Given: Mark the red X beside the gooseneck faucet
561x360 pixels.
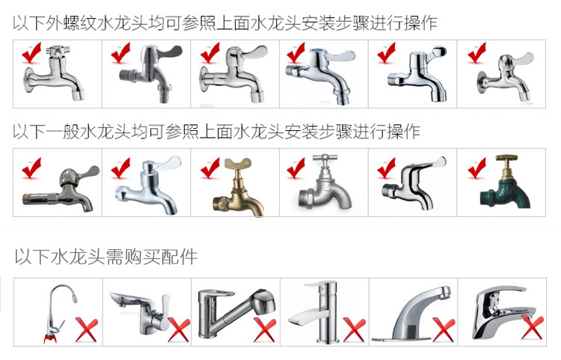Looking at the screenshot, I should coord(89,329).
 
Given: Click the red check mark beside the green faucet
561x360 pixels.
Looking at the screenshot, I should coord(476,168).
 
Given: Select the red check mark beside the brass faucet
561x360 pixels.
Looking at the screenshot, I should coord(209,168).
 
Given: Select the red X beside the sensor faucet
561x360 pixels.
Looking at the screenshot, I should coord(444,329).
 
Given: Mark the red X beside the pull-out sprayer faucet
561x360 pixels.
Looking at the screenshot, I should coord(265,329).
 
